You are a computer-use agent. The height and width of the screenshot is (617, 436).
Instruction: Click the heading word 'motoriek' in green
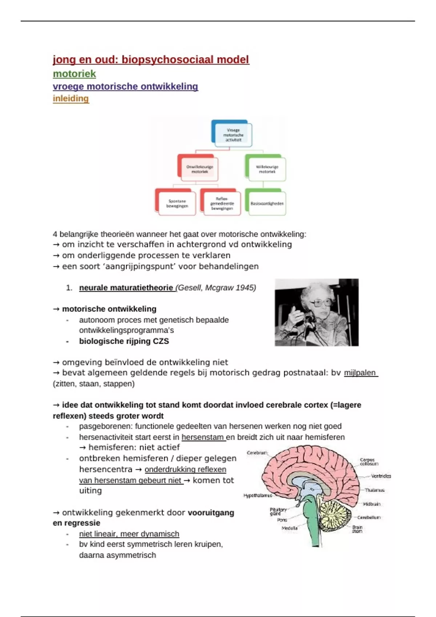point(74,74)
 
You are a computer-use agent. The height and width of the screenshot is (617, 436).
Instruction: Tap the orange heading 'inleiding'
point(70,98)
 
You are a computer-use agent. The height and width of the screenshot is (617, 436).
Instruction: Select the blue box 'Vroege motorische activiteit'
point(233,135)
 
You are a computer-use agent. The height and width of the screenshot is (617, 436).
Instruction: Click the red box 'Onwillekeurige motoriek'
point(199,169)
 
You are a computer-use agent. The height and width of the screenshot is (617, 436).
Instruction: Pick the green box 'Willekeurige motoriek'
point(267,169)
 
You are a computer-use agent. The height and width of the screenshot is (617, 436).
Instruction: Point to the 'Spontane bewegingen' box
point(177,203)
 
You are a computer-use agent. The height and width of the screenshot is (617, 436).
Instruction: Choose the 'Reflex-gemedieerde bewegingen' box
point(222,204)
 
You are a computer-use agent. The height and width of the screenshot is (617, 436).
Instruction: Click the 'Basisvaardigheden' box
point(267,204)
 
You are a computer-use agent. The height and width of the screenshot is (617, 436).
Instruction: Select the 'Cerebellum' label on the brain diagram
point(369,517)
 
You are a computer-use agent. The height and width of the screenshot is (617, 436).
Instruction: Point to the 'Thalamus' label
point(374,490)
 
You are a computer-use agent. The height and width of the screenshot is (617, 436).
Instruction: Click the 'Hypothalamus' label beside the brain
point(258,495)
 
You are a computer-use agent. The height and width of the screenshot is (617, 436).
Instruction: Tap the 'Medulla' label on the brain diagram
point(290,528)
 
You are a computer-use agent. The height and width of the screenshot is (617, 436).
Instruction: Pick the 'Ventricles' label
point(381,476)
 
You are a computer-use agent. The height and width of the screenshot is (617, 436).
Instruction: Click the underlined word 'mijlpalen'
point(360,373)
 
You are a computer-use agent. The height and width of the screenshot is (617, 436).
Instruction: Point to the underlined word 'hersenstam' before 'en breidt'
point(203,437)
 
